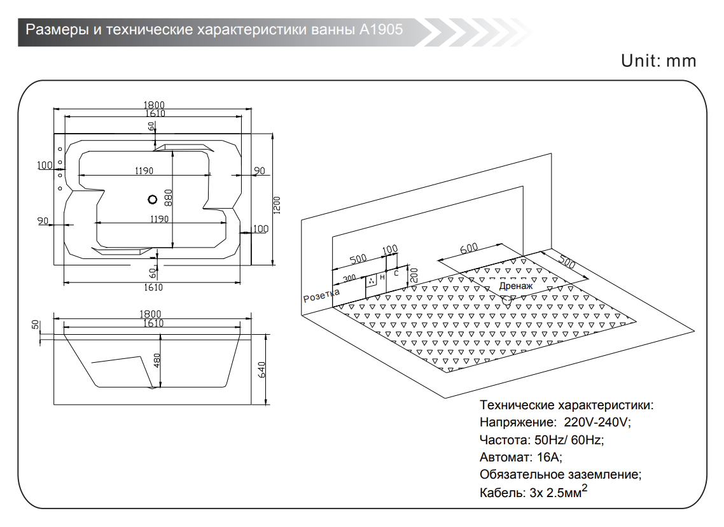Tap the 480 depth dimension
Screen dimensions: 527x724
(157, 361)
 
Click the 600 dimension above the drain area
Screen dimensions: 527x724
(469, 249)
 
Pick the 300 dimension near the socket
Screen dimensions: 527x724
(349, 279)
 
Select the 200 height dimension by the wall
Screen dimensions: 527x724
(413, 275)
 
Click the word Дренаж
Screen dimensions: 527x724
(515, 286)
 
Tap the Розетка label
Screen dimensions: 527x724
(321, 295)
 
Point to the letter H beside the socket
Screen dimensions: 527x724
(382, 278)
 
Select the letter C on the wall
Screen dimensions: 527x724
(396, 272)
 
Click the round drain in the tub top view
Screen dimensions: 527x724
(152, 200)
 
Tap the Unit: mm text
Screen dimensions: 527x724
(658, 61)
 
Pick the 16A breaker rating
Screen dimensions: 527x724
(549, 457)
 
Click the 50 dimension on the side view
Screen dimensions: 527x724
(36, 325)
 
